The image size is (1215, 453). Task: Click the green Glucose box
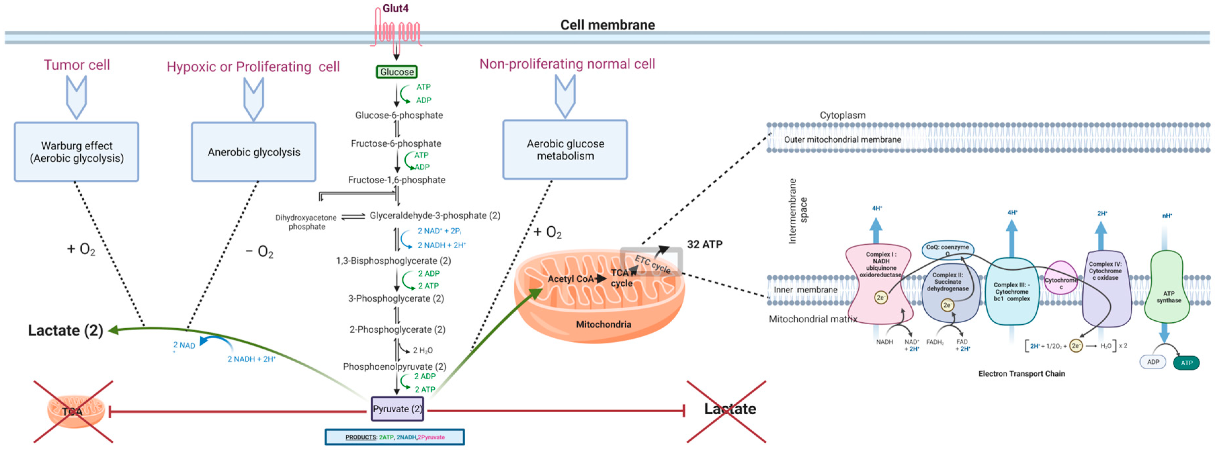pyautogui.click(x=397, y=72)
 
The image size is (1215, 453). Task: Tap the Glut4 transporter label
pyautogui.click(x=395, y=9)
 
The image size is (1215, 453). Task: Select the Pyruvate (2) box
pyautogui.click(x=397, y=409)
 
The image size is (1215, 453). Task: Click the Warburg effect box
pyautogui.click(x=76, y=152)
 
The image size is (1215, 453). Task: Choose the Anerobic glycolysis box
pyautogui.click(x=254, y=152)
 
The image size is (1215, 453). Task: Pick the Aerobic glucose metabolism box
pyautogui.click(x=565, y=150)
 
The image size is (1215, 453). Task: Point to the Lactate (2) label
pyautogui.click(x=65, y=330)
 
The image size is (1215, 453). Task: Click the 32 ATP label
pyautogui.click(x=704, y=245)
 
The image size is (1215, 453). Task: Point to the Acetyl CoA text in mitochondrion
pyautogui.click(x=570, y=279)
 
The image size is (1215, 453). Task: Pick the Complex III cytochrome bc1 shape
pyautogui.click(x=1011, y=292)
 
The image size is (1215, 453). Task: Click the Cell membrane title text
pyautogui.click(x=607, y=25)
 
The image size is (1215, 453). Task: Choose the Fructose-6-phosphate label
pyautogui.click(x=396, y=144)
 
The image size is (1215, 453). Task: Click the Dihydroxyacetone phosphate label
pyautogui.click(x=306, y=222)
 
